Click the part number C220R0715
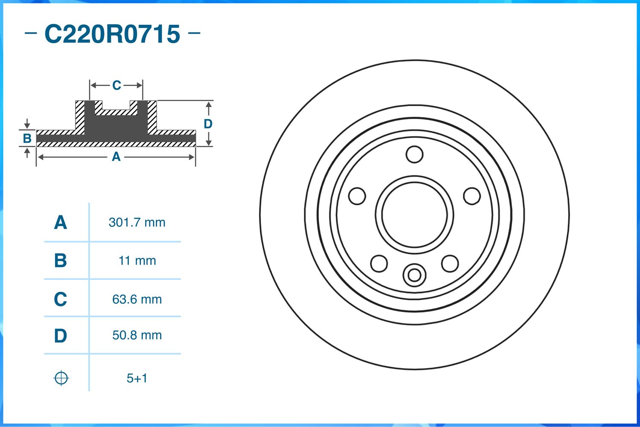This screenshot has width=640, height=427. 112,34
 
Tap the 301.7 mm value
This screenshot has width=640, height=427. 137,222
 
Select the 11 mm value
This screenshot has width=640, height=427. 137,261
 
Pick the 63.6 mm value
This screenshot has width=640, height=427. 137,299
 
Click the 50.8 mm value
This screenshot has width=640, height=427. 137,335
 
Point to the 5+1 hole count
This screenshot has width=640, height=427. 137,378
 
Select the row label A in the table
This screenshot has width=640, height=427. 60,222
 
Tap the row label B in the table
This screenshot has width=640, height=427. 60,261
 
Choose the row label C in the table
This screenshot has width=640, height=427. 60,299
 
